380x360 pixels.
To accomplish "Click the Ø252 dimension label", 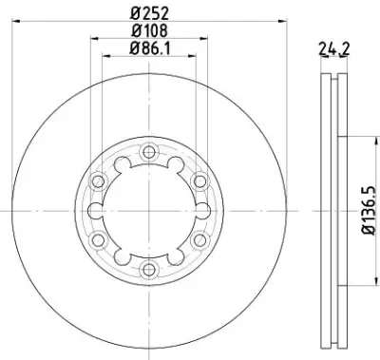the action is pos(149,13).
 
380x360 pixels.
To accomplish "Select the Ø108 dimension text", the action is pos(149,30).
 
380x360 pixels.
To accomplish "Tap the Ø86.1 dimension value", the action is pos(149,48).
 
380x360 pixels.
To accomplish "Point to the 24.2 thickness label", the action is pos(333,49).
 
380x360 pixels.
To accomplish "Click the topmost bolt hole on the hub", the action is pos(149,153).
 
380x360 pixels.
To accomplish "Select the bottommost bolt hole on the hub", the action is pos(149,270).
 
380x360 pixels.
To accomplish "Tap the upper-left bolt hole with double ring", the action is pos(98,181).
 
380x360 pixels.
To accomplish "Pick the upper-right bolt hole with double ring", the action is pos(199,181).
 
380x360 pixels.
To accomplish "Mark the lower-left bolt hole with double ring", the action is pos(98,240).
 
